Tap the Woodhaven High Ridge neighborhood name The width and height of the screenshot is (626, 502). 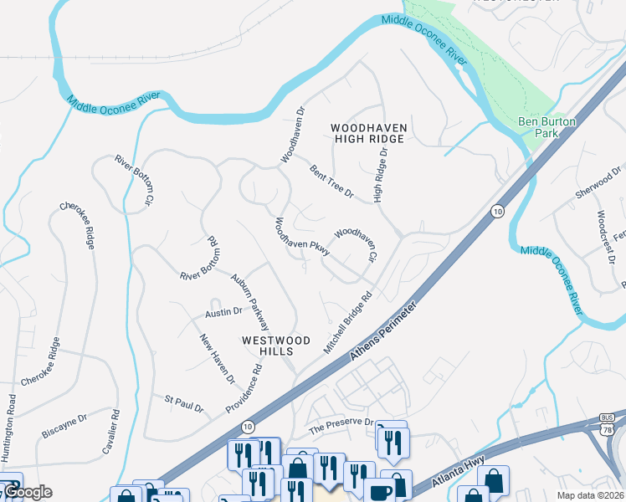[368, 133]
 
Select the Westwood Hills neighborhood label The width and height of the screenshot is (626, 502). [276, 347]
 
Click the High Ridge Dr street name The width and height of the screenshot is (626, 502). [382, 177]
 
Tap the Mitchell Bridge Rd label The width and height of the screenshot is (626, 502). [348, 323]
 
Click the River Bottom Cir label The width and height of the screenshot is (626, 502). [135, 180]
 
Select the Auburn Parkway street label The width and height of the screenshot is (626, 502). [250, 302]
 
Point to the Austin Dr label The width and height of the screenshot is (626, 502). [223, 312]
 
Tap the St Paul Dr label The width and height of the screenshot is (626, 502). [184, 404]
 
